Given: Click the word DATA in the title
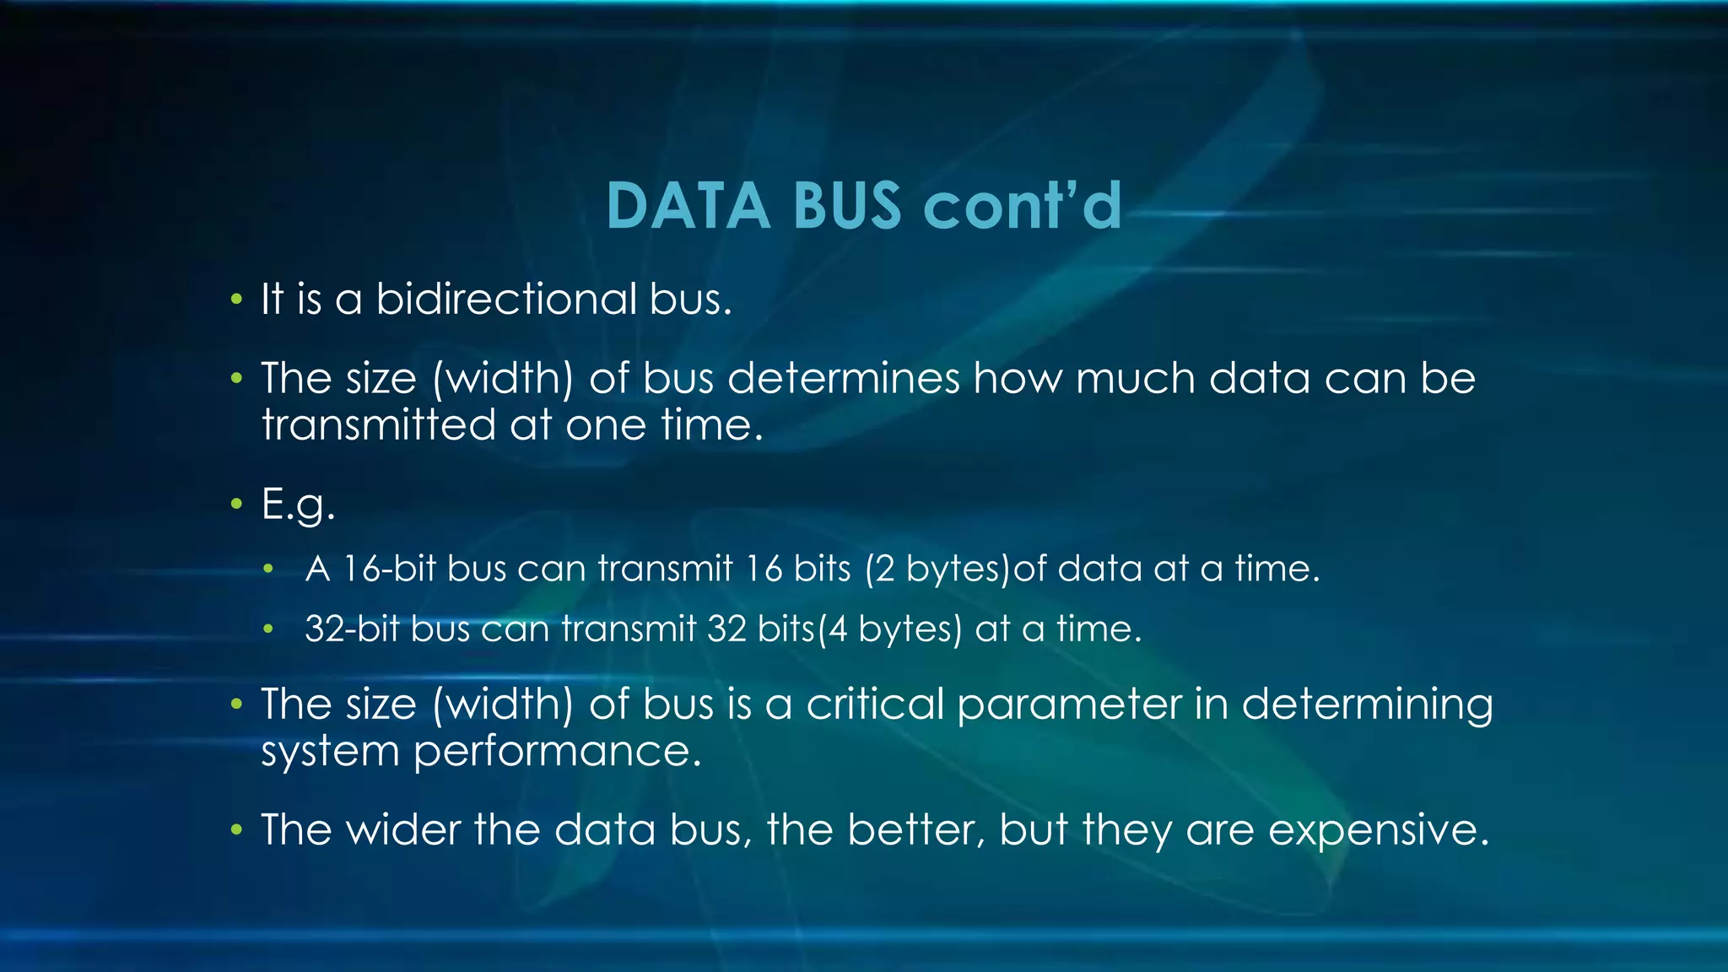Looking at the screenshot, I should tap(688, 206).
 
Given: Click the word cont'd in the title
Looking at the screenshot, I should tap(1022, 206).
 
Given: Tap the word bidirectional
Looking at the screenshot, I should tap(505, 299).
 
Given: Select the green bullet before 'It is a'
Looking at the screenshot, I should tap(237, 300).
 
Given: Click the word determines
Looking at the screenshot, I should tap(843, 378).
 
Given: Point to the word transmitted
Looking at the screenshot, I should tap(378, 424).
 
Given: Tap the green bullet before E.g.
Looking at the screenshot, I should tap(237, 505).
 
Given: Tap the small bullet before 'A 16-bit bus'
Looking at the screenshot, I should tap(268, 570).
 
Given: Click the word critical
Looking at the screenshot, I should tap(874, 704).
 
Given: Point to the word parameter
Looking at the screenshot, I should tap(1069, 704).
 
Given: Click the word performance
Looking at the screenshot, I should tap(558, 751).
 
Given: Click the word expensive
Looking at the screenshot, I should tap(1379, 831).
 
